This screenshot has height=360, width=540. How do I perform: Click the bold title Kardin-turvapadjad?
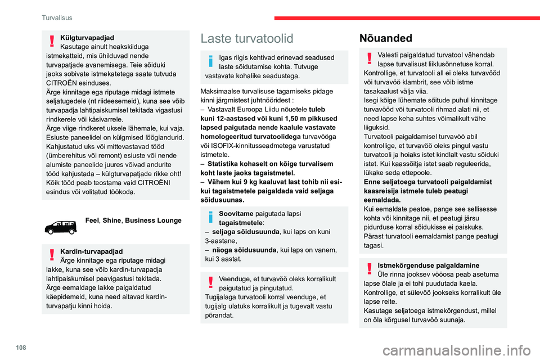[x=91, y=251]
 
